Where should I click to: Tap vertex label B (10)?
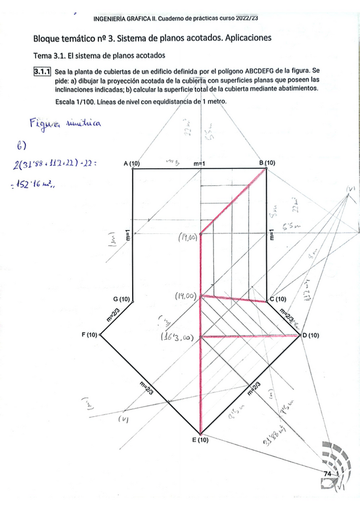[x=267, y=163]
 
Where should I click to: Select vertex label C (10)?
[x=278, y=299]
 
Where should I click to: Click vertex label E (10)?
[x=200, y=440]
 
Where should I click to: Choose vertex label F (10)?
[x=90, y=334]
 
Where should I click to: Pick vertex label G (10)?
[x=121, y=299]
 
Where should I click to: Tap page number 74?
[x=328, y=475]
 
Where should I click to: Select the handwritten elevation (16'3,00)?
[x=176, y=338]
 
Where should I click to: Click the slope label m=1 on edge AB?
[x=200, y=164]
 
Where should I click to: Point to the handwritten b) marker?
[x=22, y=146]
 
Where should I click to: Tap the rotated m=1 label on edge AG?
[x=128, y=236]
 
